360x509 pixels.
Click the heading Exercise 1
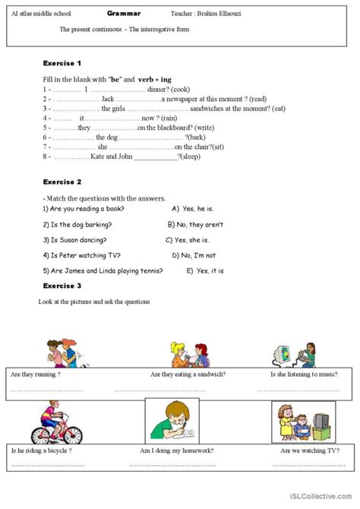(62, 63)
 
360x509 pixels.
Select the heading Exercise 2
(62, 182)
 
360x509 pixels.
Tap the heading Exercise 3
(62, 286)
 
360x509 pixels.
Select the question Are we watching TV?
(308, 451)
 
